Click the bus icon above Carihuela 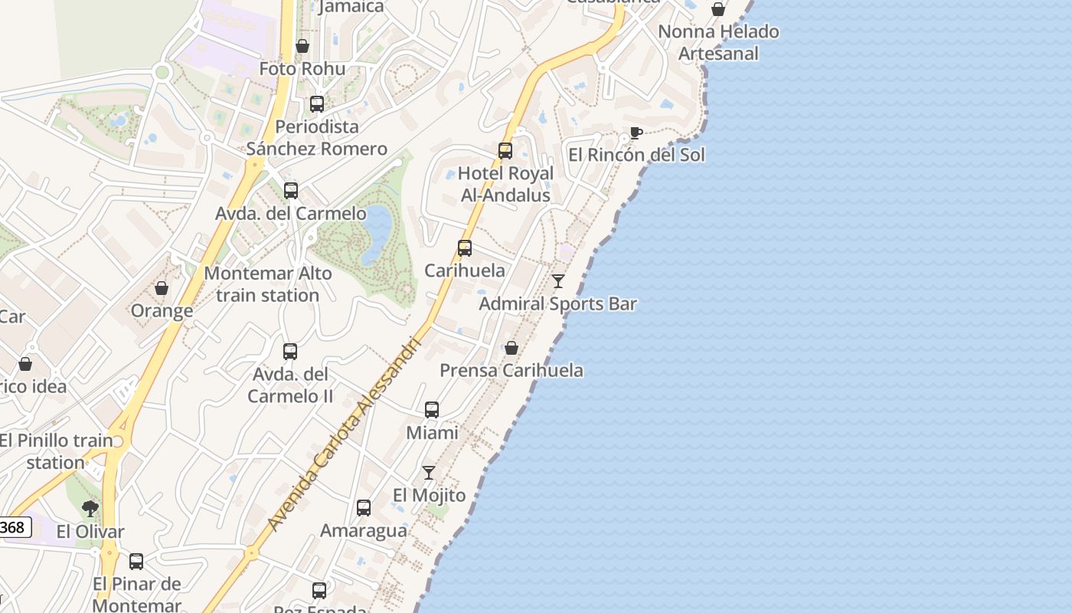coord(465,248)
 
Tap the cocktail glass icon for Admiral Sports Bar coord(558,281)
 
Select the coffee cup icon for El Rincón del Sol coord(636,133)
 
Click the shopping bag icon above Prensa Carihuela coord(511,348)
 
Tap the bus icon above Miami coord(432,410)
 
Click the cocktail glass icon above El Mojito coord(429,473)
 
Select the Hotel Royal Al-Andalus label coord(505,185)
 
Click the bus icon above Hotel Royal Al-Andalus coord(505,151)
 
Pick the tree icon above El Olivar coord(90,508)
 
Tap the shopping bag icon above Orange coord(162,288)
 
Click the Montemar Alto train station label coord(268,284)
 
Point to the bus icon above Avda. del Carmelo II coord(290,352)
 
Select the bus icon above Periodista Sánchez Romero coord(317,104)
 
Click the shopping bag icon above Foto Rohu coord(302,46)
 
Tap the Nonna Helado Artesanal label coord(718,43)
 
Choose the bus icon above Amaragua coord(364,508)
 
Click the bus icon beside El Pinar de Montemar coord(136,562)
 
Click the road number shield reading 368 coord(13,527)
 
